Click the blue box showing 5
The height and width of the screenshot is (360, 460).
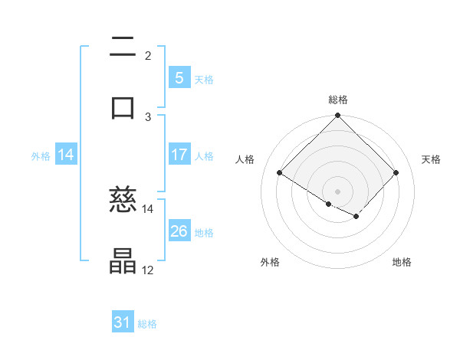point(179,78)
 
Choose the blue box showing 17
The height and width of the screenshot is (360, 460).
point(179,155)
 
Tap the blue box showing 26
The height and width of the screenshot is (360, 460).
point(179,231)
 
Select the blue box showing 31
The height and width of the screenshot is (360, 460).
point(123,322)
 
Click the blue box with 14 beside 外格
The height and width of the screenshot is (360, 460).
point(66,155)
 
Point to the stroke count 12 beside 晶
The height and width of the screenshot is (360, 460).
point(148,270)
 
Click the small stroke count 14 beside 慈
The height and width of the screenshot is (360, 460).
point(148,208)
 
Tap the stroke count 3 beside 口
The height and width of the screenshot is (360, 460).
point(148,116)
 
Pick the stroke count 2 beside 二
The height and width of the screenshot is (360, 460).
point(148,55)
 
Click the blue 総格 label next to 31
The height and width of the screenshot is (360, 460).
point(147,324)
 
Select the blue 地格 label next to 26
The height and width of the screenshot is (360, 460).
point(204,233)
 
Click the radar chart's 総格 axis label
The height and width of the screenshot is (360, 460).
point(338,100)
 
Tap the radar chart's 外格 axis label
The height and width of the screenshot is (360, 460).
point(270,262)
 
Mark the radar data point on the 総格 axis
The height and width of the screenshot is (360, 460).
point(338,116)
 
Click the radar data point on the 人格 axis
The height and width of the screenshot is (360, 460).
point(280,173)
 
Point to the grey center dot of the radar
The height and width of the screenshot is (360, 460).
point(338,191)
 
